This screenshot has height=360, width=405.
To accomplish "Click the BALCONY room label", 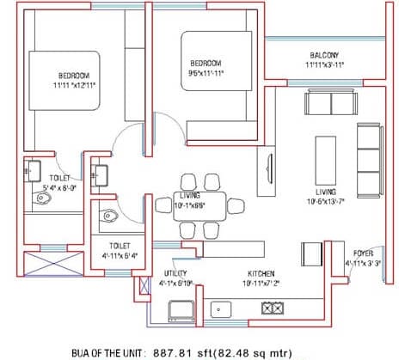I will pyautogui.click(x=324, y=55).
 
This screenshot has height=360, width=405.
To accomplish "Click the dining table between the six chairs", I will pyautogui.click(x=191, y=204).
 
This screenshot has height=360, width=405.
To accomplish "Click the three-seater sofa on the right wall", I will pyautogui.click(x=371, y=147).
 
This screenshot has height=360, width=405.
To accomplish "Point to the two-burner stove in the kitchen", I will pyautogui.click(x=273, y=308).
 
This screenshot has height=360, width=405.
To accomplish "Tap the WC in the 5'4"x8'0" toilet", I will pyautogui.click(x=44, y=199).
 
